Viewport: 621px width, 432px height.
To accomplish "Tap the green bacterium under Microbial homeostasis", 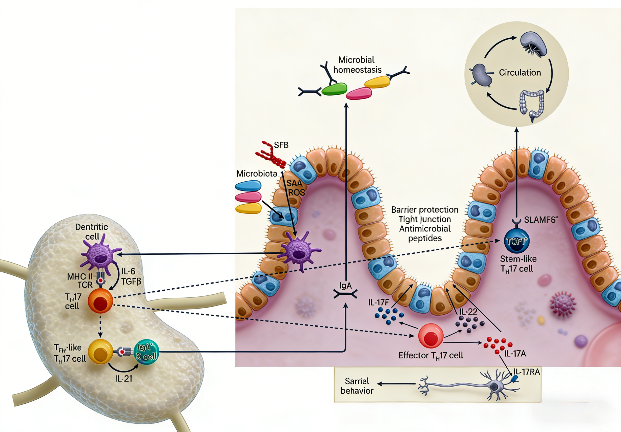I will [x=334, y=89].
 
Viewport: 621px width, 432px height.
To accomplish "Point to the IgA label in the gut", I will [x=345, y=286].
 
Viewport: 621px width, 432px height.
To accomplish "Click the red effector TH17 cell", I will [x=431, y=336].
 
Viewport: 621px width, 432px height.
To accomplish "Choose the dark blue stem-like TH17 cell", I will [x=516, y=241].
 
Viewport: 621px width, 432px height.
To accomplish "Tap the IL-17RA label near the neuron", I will [x=527, y=372].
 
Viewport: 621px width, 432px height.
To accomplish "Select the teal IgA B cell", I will [x=146, y=352].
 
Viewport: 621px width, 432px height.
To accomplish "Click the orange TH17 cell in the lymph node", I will [x=100, y=301].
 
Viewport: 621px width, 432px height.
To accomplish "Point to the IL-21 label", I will [x=123, y=378].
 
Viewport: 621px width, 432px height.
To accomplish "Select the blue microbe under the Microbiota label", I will [x=248, y=186].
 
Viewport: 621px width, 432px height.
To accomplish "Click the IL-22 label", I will [x=468, y=312].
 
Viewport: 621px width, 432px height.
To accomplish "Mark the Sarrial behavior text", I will [x=357, y=386].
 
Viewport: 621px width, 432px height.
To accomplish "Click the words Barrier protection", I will [x=425, y=210].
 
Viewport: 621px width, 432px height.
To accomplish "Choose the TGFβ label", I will [x=131, y=282].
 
